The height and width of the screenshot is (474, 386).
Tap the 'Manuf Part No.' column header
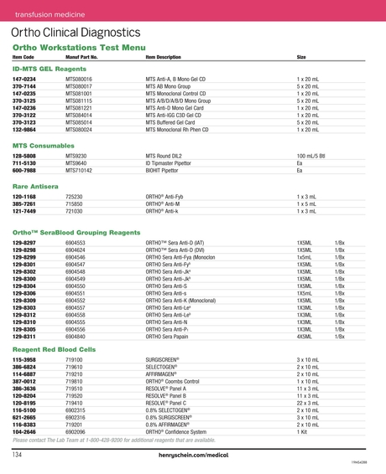pyautogui.click(x=82, y=57)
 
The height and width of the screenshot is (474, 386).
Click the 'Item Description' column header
pyautogui.click(x=163, y=57)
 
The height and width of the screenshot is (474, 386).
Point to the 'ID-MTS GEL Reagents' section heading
pyautogui.click(x=50, y=68)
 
